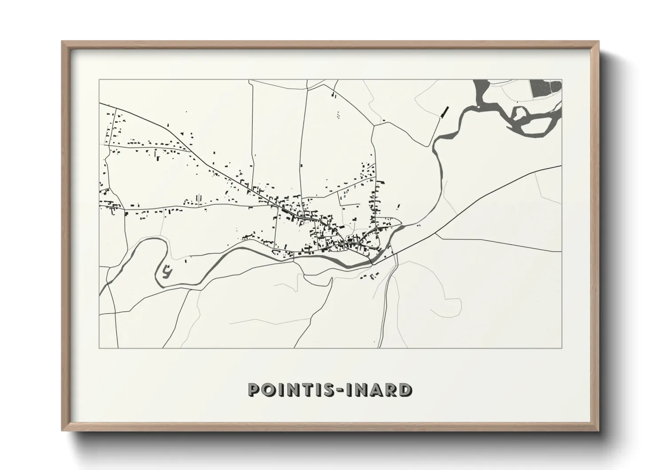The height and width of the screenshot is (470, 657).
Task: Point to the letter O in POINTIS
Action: point(269,390)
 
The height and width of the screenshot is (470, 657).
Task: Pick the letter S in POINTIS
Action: point(329,390)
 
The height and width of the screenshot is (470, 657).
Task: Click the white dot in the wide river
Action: point(479,107)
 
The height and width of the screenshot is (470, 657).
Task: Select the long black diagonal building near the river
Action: point(444,112)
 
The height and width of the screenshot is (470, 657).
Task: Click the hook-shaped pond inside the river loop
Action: point(166,271)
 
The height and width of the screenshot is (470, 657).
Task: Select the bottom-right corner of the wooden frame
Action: point(598,430)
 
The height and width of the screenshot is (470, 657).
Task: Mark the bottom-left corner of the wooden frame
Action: point(63,430)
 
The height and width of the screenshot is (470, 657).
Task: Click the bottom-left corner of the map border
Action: point(99,348)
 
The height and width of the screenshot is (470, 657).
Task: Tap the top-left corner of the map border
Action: point(99,80)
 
